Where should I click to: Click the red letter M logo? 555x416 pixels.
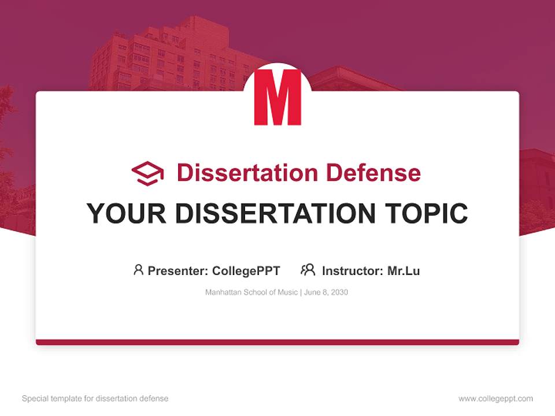click(277, 97)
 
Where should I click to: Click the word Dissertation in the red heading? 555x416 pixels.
click(247, 173)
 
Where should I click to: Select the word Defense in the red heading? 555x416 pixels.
click(373, 173)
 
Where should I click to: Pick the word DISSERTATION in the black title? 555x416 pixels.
click(274, 213)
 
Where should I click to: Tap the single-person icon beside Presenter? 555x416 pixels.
click(138, 270)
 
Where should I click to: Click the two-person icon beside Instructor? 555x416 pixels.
click(308, 270)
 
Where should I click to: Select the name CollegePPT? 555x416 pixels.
click(246, 270)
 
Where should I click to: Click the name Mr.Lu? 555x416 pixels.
click(404, 270)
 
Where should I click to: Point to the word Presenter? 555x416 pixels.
click(178, 270)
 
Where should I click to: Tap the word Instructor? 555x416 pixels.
click(352, 270)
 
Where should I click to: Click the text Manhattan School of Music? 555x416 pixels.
click(251, 292)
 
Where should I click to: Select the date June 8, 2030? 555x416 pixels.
click(325, 292)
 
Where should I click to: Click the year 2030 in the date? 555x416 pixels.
click(339, 292)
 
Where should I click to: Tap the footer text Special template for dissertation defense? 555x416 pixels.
click(95, 399)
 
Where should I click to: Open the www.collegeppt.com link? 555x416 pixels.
click(495, 399)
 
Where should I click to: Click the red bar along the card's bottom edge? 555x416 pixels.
click(277, 342)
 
